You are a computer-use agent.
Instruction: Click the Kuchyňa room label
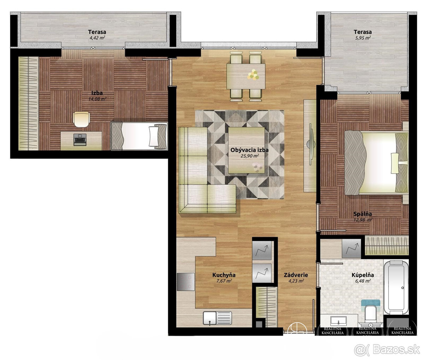[224, 275]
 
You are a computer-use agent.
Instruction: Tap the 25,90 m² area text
[250, 155]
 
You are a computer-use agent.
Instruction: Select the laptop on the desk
[80, 140]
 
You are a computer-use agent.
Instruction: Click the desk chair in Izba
[81, 119]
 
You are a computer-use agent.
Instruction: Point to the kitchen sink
[217, 318]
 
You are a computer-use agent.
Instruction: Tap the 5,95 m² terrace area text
[363, 37]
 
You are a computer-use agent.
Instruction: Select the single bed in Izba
[139, 136]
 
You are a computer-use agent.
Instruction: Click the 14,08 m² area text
[98, 99]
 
